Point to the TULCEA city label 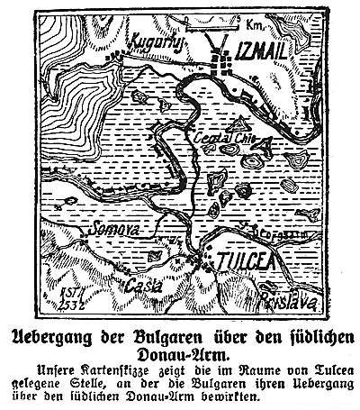(x=239, y=260)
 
